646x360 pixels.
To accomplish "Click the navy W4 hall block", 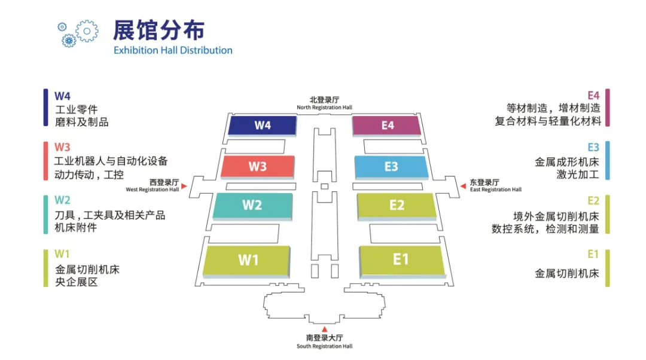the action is (263, 125).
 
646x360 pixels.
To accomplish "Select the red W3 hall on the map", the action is (258, 166).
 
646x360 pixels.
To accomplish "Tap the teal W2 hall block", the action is (252, 205).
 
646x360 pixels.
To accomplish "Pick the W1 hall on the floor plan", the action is (248, 260).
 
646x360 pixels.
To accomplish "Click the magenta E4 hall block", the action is (387, 126).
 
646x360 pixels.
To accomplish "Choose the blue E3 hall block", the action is (391, 166).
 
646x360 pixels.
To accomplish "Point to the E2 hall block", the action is (397, 205).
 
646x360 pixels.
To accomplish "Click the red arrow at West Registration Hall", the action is (184, 187).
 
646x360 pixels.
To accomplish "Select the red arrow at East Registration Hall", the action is (463, 186).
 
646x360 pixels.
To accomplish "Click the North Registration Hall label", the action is (324, 103).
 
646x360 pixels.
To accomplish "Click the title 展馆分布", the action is (159, 30).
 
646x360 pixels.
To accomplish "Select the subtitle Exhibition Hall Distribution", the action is (173, 50).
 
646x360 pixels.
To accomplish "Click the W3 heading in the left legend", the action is (62, 147).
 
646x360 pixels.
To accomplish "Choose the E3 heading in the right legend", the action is (593, 147).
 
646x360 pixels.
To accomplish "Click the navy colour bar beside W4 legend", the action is (45, 108).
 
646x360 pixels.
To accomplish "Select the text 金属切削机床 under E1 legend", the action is (566, 274).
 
